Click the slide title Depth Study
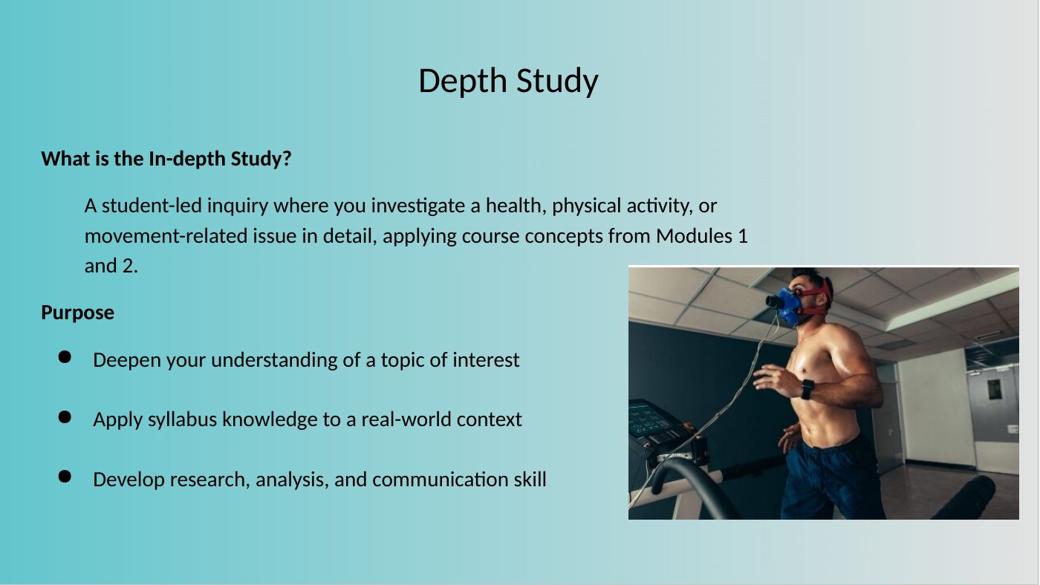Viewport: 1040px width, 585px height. click(508, 82)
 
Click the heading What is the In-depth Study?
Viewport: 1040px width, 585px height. click(166, 159)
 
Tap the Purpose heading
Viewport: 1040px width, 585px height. click(77, 313)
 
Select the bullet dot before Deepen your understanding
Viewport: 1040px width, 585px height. click(65, 357)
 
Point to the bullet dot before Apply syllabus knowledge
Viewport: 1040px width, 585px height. click(65, 416)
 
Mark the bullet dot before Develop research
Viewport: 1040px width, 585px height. click(65, 477)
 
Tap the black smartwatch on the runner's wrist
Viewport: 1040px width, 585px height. click(807, 389)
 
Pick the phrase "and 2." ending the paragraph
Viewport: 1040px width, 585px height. click(111, 266)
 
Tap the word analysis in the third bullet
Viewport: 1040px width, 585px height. click(292, 480)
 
